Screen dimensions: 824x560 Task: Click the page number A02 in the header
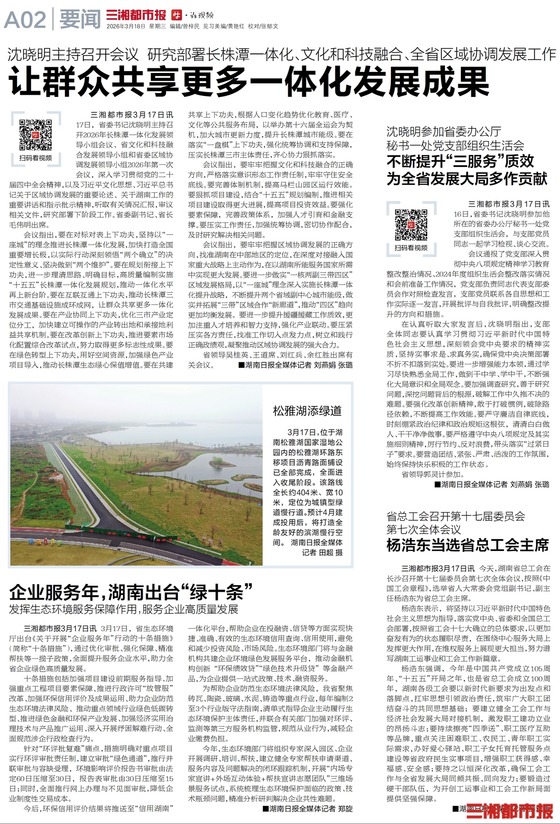[x=25, y=20]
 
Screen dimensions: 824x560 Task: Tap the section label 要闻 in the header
[x=80, y=20]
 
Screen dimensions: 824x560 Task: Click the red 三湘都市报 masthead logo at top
[x=136, y=15]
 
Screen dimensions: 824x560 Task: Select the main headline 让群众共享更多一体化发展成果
[x=249, y=82]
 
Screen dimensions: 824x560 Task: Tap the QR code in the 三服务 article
[x=411, y=224]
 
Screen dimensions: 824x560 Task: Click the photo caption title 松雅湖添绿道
[x=307, y=411]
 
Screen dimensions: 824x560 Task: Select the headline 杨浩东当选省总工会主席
[x=467, y=545]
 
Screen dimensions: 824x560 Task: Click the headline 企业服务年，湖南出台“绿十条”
[x=131, y=592]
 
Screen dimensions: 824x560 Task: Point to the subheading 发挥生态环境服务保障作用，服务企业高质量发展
[x=123, y=609]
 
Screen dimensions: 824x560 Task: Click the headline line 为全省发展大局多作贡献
[x=467, y=179]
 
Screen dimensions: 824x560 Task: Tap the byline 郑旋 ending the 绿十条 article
[x=345, y=808]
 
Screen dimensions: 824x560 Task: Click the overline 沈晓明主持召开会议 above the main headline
[x=73, y=54]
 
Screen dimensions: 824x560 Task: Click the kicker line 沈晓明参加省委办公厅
[x=443, y=132]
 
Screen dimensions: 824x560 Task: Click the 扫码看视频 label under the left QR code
[x=35, y=158]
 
